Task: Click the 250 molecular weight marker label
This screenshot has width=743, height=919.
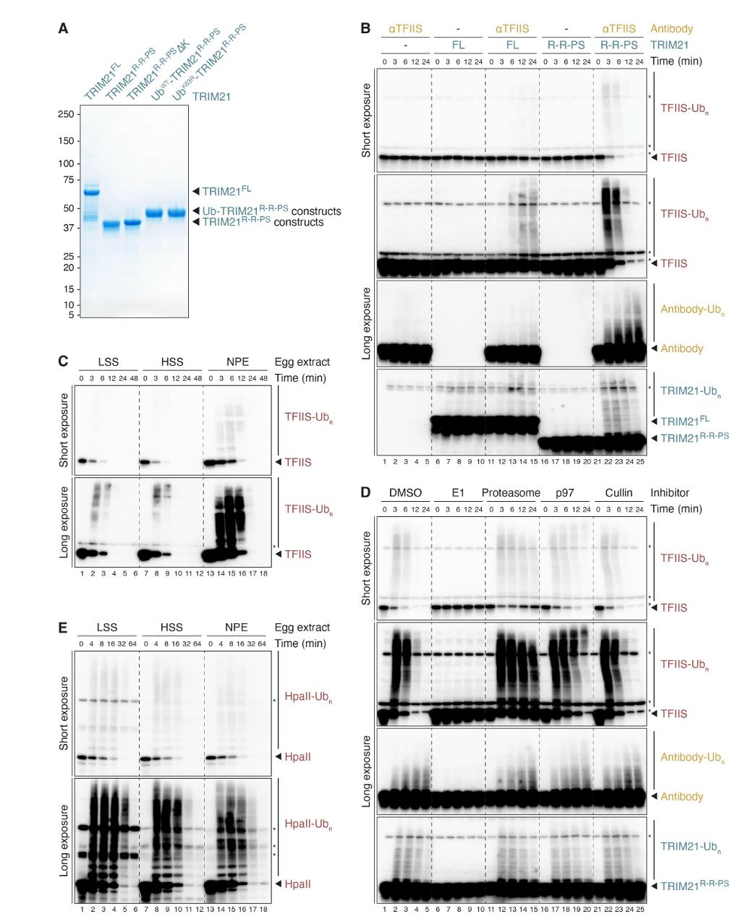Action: click(x=65, y=114)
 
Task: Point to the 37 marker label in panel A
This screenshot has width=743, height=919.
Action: click(x=67, y=227)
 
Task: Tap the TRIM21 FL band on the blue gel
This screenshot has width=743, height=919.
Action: click(x=91, y=192)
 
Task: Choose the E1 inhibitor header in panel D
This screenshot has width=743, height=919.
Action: click(x=458, y=492)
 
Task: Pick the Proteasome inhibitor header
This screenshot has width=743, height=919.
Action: click(x=511, y=492)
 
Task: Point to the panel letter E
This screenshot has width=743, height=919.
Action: click(x=63, y=627)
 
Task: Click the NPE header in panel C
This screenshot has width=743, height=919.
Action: click(x=235, y=362)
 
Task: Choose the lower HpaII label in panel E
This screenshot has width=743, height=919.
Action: click(x=298, y=884)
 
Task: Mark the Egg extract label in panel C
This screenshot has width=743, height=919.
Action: click(x=302, y=362)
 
